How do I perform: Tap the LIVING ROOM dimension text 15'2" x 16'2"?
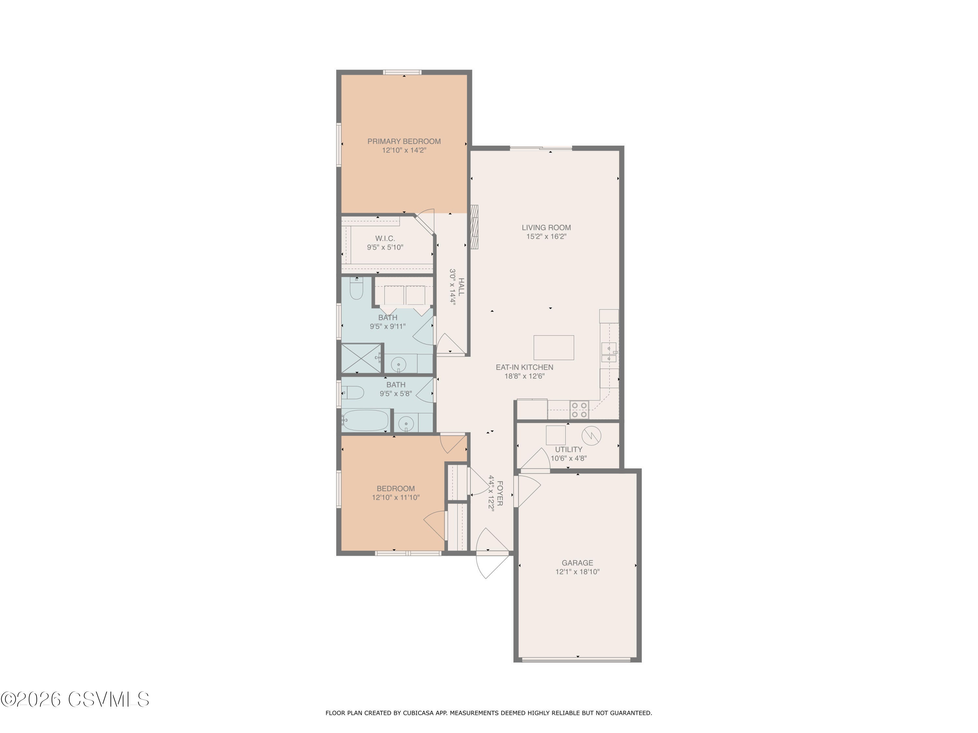[546, 237]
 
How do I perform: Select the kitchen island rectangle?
[554, 348]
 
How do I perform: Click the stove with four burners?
[579, 410]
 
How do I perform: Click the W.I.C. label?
[385, 238]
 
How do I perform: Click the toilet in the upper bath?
[356, 289]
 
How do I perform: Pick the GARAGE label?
[577, 563]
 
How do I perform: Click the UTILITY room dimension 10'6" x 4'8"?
[569, 459]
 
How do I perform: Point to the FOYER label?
[500, 493]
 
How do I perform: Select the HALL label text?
[461, 287]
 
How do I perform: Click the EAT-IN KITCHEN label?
[524, 367]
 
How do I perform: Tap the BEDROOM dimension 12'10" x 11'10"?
[396, 498]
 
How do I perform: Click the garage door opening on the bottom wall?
[576, 660]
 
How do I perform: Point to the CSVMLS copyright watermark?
[75, 699]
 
